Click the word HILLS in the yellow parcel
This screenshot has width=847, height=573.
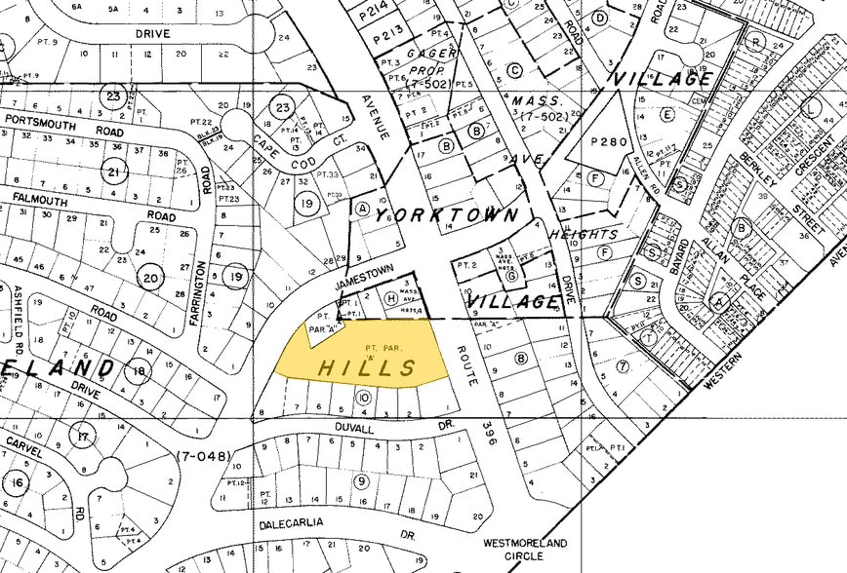click(x=367, y=367)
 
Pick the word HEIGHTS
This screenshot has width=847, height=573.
click(x=584, y=234)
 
